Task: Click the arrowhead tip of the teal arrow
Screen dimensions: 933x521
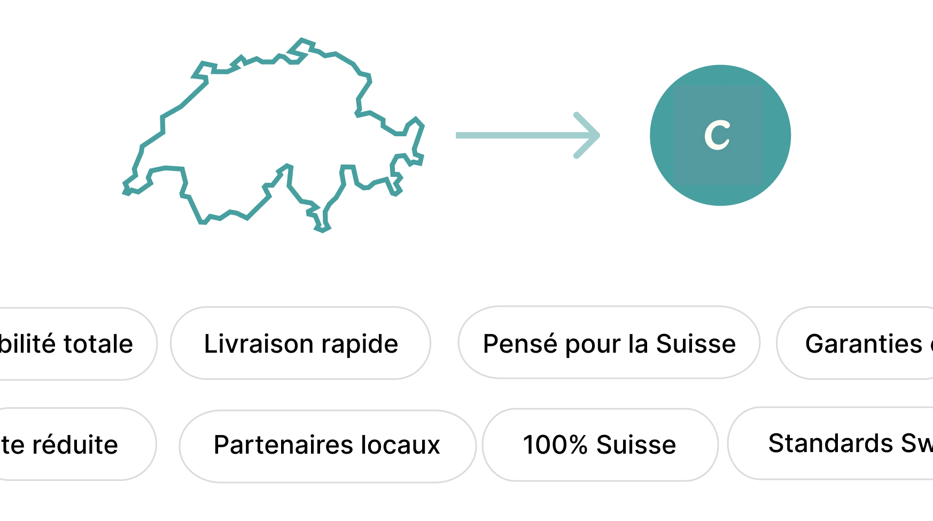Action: click(x=598, y=136)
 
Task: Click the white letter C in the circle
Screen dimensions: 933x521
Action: click(x=717, y=135)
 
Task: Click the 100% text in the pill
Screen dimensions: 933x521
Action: click(x=555, y=445)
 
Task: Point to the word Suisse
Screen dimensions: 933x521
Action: click(x=636, y=445)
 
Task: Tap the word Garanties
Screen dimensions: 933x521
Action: click(x=864, y=344)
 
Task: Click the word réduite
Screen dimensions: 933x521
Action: click(x=75, y=445)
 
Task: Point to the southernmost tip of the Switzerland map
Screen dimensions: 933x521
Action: click(x=322, y=229)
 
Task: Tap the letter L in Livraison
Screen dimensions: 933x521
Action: click(x=209, y=344)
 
